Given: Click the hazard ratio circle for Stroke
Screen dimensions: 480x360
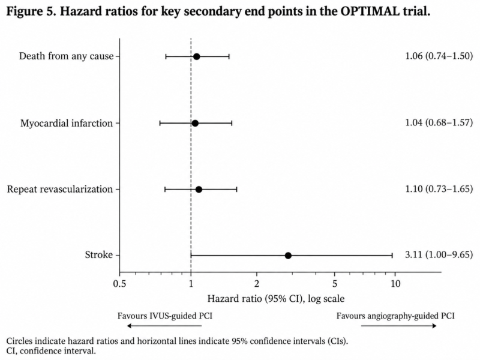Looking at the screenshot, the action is [288, 256].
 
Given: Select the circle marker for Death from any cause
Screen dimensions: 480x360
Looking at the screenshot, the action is [197, 56].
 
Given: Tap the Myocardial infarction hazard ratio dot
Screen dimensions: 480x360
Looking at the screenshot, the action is [195, 124].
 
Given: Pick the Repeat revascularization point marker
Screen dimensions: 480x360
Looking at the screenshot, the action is [199, 190].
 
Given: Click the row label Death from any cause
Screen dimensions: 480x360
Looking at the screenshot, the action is [66, 56].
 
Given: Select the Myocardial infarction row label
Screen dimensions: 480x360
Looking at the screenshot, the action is [67, 123].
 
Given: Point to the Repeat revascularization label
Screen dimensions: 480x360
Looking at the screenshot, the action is [60, 189].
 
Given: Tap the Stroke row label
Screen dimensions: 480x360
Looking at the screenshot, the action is [99, 254].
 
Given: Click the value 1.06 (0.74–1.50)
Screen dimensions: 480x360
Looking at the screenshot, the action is [439, 56].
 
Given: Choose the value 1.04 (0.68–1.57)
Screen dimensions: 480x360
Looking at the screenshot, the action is [439, 122].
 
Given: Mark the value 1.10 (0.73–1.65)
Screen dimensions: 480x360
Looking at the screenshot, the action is [439, 188].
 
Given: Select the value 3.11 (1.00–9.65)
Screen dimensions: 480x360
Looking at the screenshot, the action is [439, 254].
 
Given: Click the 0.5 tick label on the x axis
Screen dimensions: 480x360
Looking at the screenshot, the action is [119, 284].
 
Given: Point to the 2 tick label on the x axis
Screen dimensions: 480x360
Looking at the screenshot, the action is [257, 284].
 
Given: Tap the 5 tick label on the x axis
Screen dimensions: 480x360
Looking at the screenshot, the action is [335, 284].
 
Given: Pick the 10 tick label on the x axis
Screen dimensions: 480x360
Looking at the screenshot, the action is [395, 284].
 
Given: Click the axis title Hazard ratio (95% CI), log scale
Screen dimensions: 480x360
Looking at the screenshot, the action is [276, 298].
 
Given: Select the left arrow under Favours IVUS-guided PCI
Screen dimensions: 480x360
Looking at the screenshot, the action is [164, 326].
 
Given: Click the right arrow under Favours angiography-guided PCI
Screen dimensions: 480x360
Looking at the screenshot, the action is [398, 326].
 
